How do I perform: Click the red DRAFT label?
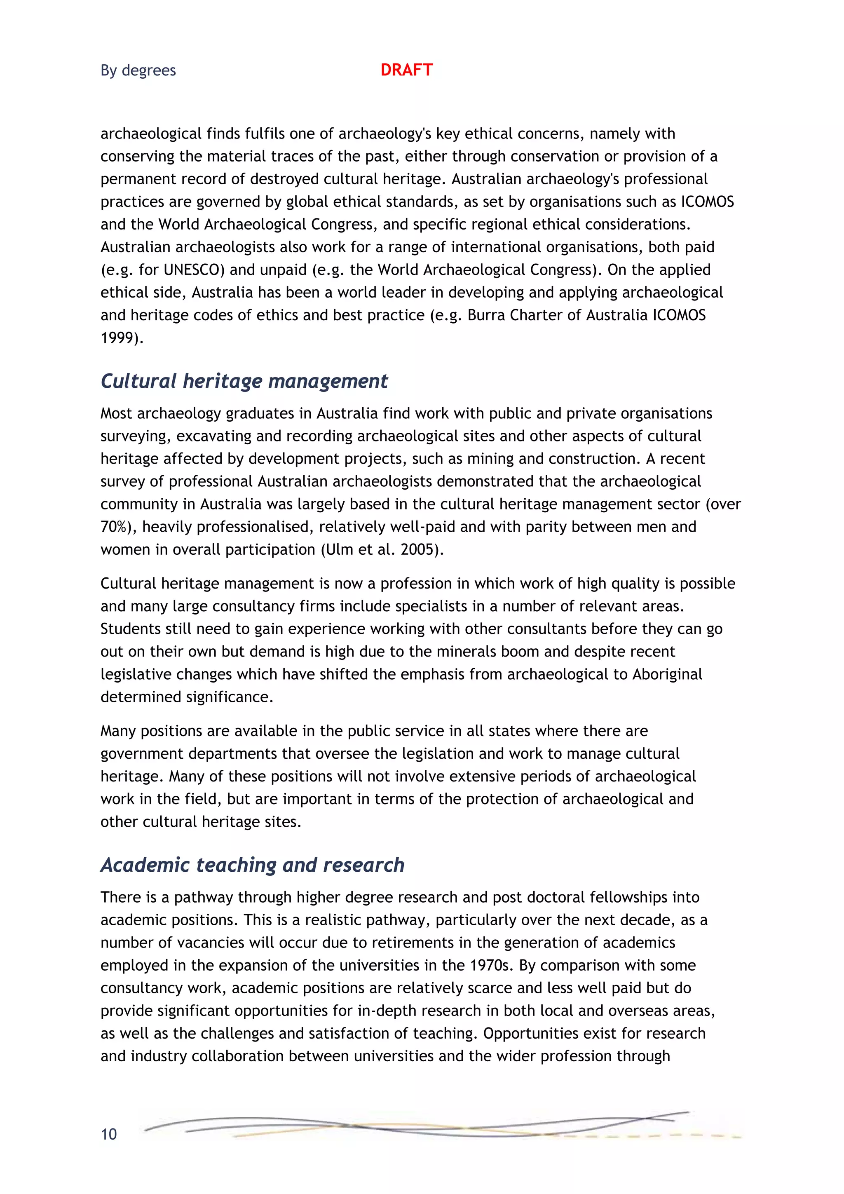point(406,70)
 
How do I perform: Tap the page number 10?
point(109,1134)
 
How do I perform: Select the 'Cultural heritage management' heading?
point(244,381)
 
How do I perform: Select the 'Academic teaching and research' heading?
point(252,865)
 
